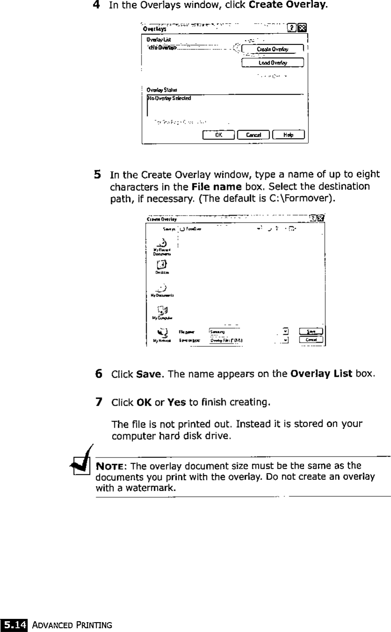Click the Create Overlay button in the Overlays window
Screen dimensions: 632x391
point(273,49)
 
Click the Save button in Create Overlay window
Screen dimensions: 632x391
point(312,331)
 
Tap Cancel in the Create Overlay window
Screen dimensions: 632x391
point(312,340)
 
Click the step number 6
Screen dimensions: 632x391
point(99,374)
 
